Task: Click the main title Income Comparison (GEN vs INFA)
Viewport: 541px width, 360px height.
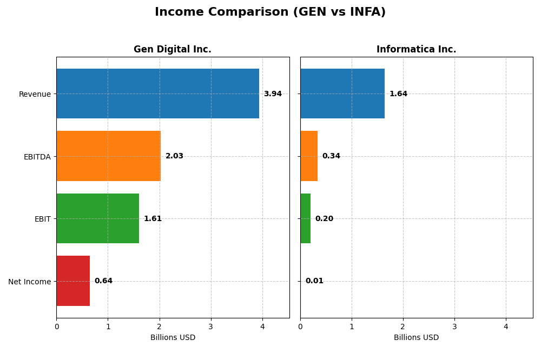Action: (270, 12)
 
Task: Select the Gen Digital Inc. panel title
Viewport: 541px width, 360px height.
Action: (173, 49)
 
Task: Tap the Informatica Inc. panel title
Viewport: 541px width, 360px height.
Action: (416, 49)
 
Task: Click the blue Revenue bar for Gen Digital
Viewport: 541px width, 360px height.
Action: (157, 94)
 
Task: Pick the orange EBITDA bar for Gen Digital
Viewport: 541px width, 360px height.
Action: (108, 156)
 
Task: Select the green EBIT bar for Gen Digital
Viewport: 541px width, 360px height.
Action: (97, 218)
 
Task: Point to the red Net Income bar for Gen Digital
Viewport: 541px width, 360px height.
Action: (73, 281)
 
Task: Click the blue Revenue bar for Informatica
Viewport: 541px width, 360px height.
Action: (342, 94)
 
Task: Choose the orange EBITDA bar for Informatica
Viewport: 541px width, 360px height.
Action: (309, 156)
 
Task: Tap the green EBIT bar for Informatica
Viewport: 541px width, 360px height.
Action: (305, 218)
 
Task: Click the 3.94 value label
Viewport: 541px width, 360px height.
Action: (273, 94)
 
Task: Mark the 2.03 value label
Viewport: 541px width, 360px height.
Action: (174, 156)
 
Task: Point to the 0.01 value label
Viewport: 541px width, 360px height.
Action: (314, 281)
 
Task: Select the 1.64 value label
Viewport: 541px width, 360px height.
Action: (398, 94)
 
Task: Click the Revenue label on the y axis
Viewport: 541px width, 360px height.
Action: (35, 94)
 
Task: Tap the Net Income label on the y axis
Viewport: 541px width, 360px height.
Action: (30, 281)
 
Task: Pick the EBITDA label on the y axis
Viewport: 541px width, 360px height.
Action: (37, 157)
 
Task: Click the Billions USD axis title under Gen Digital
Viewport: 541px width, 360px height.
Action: (173, 338)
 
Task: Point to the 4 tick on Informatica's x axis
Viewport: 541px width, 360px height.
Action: (506, 326)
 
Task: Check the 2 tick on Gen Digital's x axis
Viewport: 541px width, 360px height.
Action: (160, 326)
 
